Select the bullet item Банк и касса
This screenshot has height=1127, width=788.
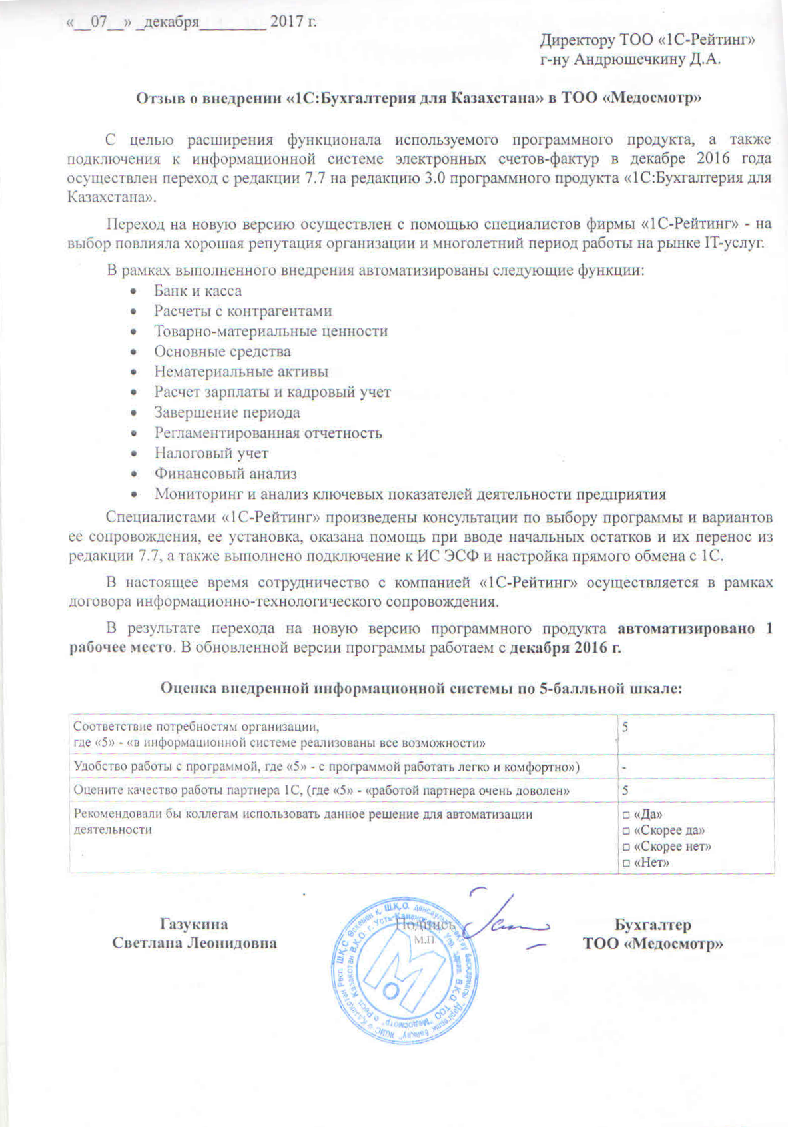pyautogui.click(x=198, y=291)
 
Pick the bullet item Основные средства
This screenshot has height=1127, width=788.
pyautogui.click(x=222, y=352)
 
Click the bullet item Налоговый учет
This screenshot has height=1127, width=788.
pyautogui.click(x=211, y=454)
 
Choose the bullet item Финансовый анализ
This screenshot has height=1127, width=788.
pyautogui.click(x=226, y=474)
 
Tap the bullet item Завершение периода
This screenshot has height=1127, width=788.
pyautogui.click(x=227, y=413)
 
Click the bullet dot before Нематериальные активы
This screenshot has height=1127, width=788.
pyautogui.click(x=135, y=373)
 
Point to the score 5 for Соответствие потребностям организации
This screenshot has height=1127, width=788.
pyautogui.click(x=625, y=727)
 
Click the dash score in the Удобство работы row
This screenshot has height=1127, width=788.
pyautogui.click(x=624, y=767)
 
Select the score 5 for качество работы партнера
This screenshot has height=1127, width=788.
pyautogui.click(x=625, y=791)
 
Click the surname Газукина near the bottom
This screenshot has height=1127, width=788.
pyautogui.click(x=194, y=925)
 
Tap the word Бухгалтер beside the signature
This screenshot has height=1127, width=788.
pyautogui.click(x=653, y=925)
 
